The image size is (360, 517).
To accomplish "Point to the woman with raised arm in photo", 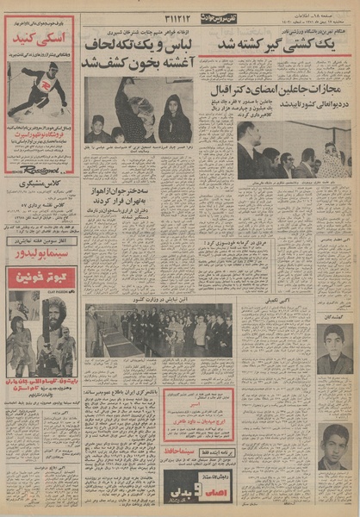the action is click(x=131, y=108).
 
